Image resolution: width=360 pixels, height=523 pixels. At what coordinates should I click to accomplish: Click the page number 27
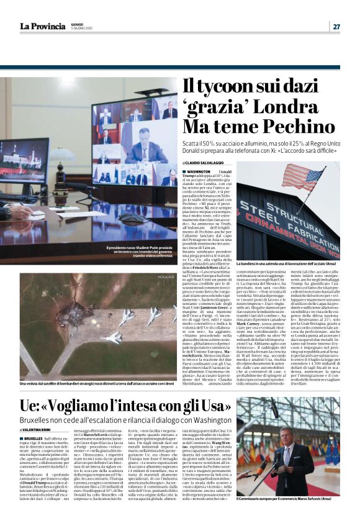click(x=336, y=26)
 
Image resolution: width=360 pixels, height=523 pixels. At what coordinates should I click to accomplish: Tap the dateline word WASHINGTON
click(x=198, y=171)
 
